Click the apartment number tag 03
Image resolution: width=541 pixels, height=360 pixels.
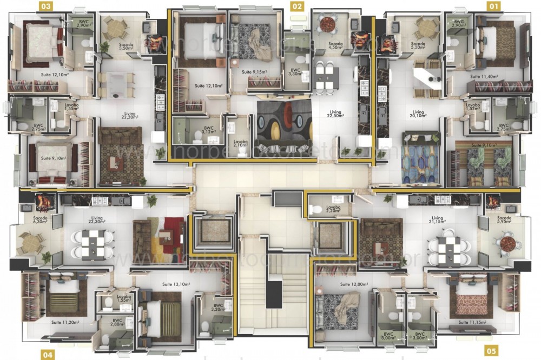click(x=47, y=6)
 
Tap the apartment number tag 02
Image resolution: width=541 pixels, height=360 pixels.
click(x=297, y=6)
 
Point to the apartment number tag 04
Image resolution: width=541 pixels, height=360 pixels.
click(x=48, y=354)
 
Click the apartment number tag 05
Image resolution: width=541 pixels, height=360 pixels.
click(x=490, y=350)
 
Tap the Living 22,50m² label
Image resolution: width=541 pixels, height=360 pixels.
click(x=335, y=115)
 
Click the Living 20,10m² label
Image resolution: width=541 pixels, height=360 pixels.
click(x=417, y=115)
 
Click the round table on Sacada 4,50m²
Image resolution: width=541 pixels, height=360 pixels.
click(x=328, y=24)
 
